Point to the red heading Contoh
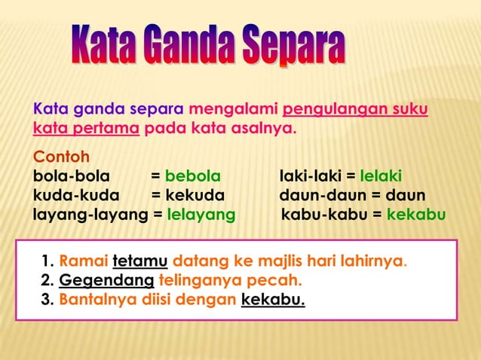pyautogui.click(x=61, y=158)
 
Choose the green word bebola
pyautogui.click(x=193, y=177)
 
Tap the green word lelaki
pyautogui.click(x=381, y=177)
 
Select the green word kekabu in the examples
pyautogui.click(x=416, y=215)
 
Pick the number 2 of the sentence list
pyautogui.click(x=46, y=282)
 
